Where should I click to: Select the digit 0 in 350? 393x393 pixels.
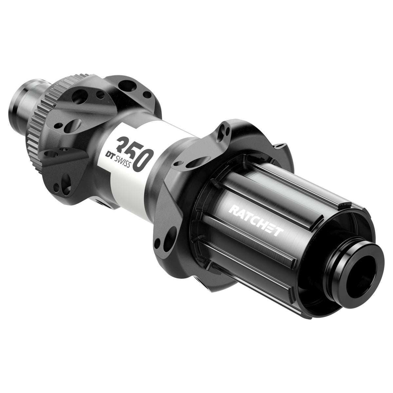143,159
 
